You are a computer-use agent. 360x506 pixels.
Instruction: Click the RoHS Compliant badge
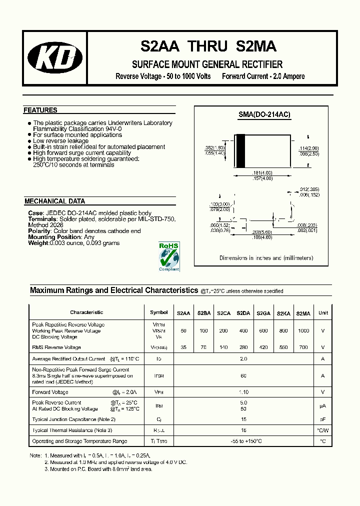(x=168, y=256)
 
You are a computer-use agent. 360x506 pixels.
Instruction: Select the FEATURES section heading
(x=40, y=110)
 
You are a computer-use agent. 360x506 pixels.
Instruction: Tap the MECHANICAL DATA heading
(x=54, y=201)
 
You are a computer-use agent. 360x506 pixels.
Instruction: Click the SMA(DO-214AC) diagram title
(x=264, y=114)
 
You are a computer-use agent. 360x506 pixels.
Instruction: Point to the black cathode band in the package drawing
(x=240, y=151)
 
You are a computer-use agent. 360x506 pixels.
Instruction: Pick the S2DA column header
(x=243, y=313)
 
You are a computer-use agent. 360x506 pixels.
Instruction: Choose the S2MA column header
(x=303, y=313)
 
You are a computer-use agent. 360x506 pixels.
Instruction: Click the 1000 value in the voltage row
(x=303, y=331)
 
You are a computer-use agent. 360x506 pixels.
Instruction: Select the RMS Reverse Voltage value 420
(x=263, y=347)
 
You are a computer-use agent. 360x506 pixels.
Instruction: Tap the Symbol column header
(x=159, y=312)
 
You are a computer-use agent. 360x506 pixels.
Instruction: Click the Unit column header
(x=323, y=312)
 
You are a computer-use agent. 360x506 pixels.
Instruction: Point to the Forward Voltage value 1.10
(x=243, y=392)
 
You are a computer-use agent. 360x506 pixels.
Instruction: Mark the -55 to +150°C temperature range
(x=243, y=441)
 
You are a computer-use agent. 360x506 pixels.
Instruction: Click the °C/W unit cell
(x=323, y=430)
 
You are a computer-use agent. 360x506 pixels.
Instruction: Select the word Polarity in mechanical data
(x=39, y=231)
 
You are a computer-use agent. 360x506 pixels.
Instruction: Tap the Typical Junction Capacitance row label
(x=73, y=419)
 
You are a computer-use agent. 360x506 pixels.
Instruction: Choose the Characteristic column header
(x=86, y=312)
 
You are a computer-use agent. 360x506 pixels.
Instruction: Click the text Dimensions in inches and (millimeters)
(x=266, y=258)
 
